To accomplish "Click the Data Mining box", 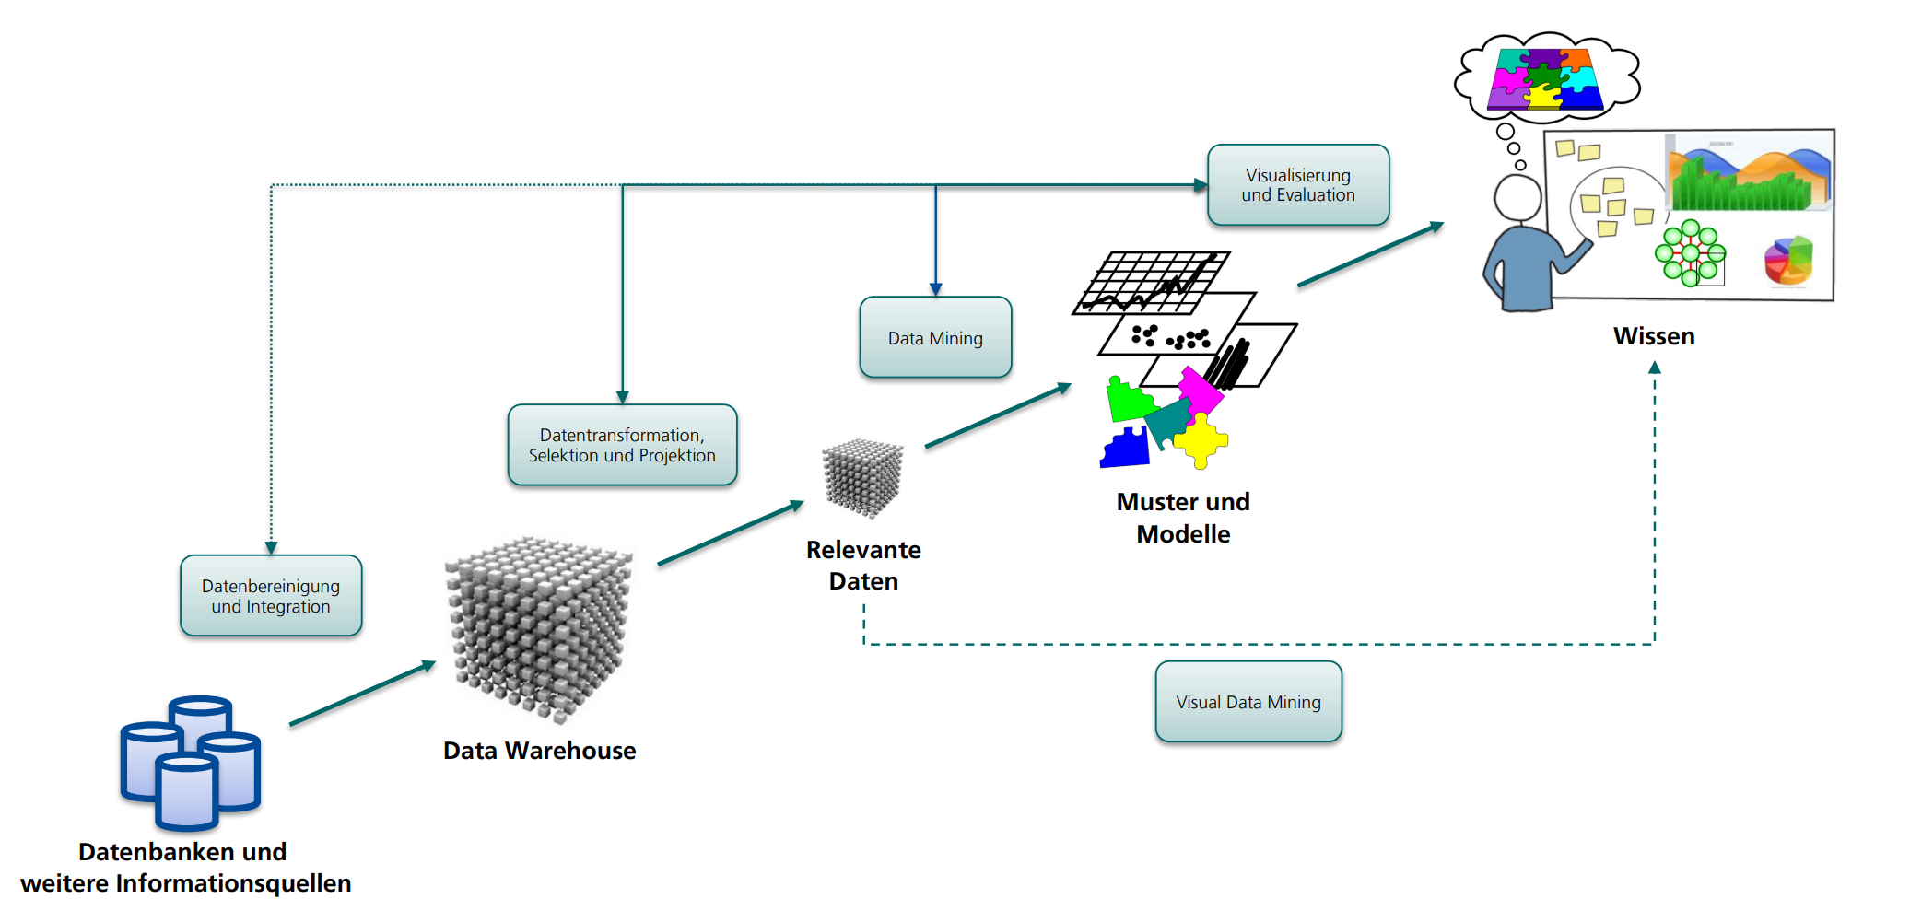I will tap(935, 337).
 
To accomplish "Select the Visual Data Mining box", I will tap(1248, 702).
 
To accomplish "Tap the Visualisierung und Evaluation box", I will tap(1298, 185).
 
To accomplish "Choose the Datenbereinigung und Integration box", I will tap(271, 596).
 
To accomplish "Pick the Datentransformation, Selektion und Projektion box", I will tap(622, 445).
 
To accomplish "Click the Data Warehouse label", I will tap(539, 751).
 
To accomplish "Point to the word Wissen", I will tap(1654, 336).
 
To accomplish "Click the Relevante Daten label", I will tap(863, 565).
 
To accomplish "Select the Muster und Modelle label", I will tap(1183, 518).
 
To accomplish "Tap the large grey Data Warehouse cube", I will tap(539, 626).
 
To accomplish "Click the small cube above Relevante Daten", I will tap(862, 477).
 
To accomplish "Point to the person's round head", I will tap(1517, 197).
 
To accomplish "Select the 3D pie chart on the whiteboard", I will tap(1788, 261).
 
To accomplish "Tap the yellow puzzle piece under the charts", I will tap(1201, 440).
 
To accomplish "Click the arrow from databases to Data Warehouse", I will tap(362, 693).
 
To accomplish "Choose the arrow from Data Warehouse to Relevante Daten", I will tap(731, 532).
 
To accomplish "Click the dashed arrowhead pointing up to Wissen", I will tap(1655, 368).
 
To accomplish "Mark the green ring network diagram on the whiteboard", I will tap(1690, 252).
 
